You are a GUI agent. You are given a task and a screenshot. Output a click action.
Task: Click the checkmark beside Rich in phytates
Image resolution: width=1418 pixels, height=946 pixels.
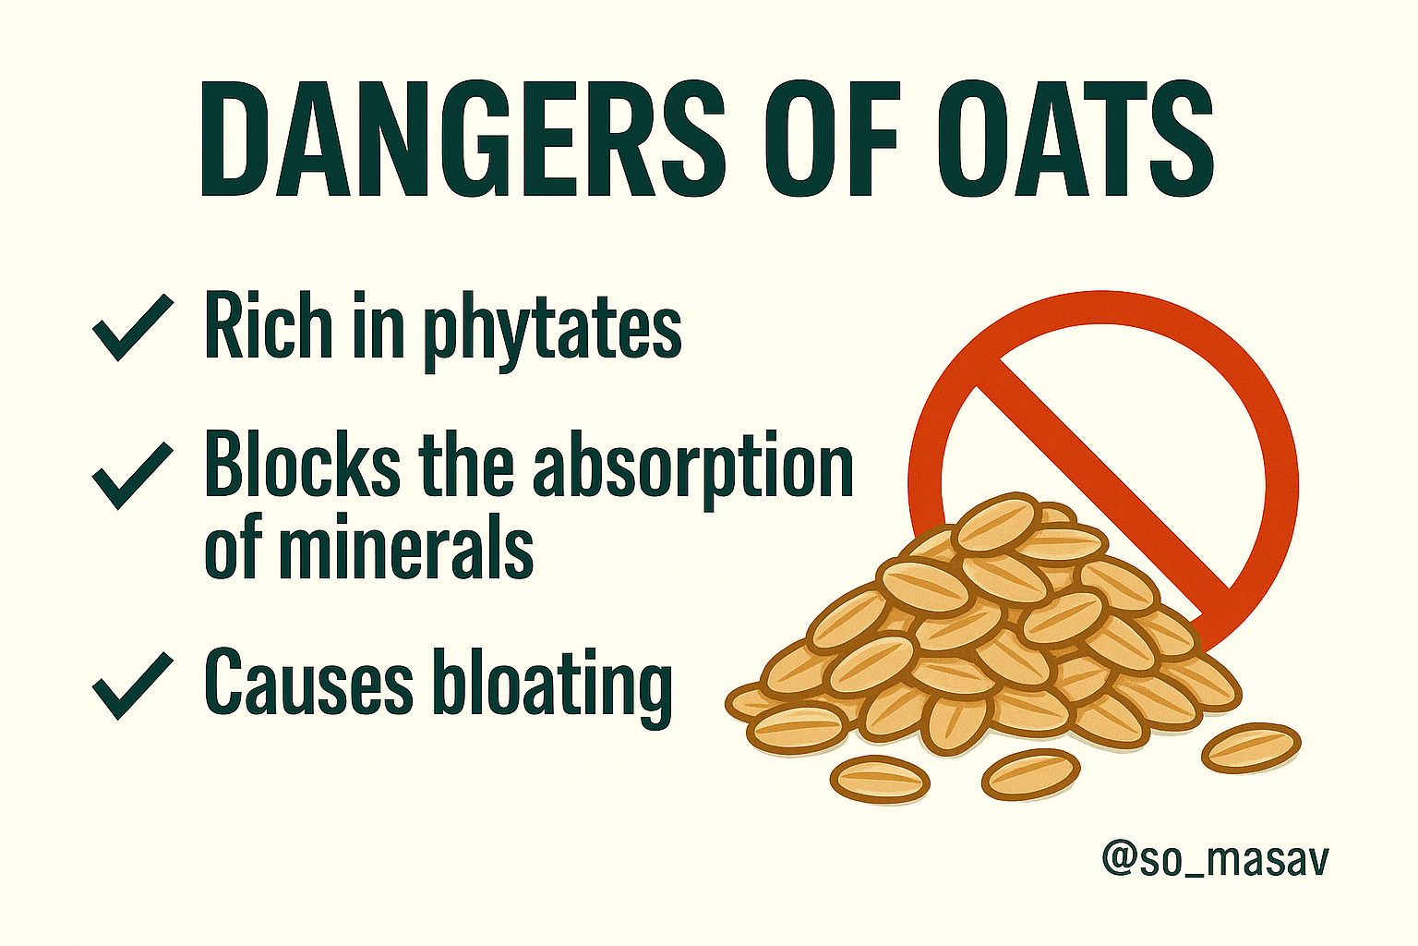[133, 328]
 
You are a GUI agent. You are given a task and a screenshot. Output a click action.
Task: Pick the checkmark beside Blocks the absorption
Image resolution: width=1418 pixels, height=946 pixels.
[133, 476]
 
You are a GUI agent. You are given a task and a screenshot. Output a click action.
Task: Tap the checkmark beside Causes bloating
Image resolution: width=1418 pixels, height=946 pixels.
[133, 686]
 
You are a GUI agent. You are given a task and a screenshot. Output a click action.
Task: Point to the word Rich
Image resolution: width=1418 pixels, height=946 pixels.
[269, 326]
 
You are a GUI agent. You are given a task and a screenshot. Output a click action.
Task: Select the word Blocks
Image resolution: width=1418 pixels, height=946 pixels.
[303, 473]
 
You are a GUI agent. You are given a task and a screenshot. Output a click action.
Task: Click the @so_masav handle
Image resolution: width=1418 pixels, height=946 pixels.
[1216, 860]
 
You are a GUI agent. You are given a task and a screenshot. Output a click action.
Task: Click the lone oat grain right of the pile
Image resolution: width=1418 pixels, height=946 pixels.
[1251, 747]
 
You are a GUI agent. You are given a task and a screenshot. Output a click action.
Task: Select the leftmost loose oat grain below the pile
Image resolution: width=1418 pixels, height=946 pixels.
[879, 779]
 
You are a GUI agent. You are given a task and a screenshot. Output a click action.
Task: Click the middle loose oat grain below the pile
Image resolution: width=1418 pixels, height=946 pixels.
[1030, 773]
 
